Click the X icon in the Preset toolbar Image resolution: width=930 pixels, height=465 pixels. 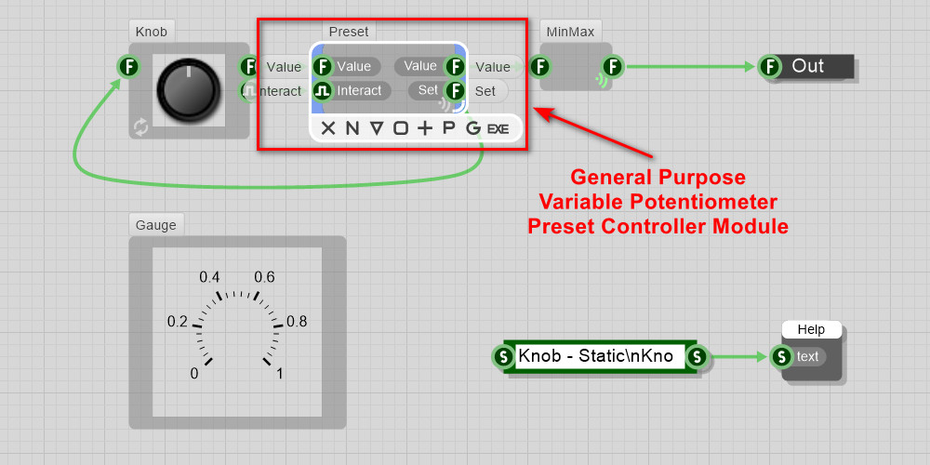328,128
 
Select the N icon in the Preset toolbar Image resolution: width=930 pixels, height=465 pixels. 352,128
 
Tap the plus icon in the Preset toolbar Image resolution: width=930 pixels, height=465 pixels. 425,128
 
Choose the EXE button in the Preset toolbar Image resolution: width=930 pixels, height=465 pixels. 498,128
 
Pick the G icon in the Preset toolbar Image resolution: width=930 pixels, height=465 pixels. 473,128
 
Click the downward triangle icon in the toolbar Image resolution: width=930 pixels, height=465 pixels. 377,128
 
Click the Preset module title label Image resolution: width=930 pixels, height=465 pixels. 349,32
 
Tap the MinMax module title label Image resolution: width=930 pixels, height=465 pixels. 571,32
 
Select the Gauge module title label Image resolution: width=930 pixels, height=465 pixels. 155,224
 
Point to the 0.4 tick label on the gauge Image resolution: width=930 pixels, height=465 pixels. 209,277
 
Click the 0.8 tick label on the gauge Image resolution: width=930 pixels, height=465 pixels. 297,322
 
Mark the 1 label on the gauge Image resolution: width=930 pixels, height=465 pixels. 281,374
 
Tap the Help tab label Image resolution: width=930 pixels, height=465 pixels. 811,329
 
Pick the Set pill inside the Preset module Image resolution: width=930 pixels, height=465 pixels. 427,90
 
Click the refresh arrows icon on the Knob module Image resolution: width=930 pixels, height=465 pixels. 140,127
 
